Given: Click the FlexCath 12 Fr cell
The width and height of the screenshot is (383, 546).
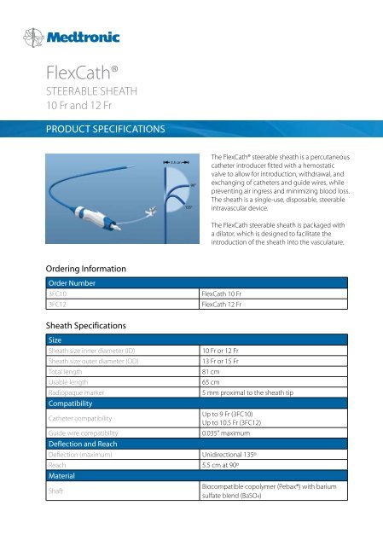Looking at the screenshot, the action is pos(226,307).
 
